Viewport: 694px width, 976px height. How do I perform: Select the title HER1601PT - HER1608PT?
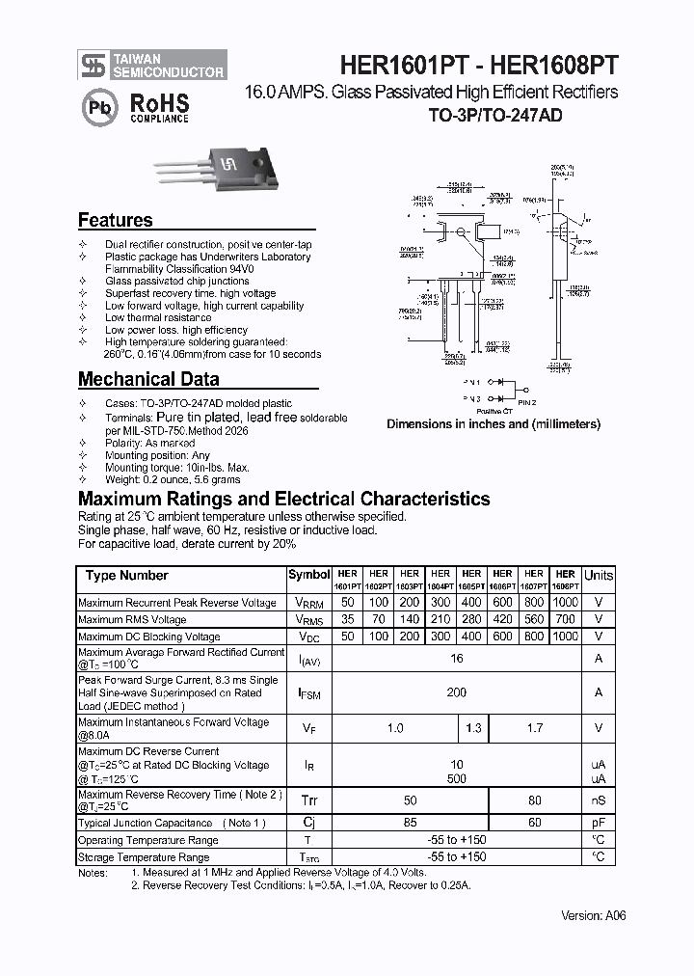coord(478,65)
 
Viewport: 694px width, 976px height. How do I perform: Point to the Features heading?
coord(115,220)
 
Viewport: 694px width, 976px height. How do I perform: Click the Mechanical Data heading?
coord(148,379)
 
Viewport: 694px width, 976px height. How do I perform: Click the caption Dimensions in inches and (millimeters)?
coord(494,423)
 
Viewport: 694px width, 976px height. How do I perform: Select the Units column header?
coord(598,575)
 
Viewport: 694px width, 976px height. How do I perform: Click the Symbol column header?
coord(308,575)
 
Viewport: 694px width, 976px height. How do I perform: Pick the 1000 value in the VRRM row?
coord(566,603)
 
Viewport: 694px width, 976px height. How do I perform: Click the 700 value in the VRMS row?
coord(566,619)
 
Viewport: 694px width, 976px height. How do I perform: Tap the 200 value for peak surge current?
coord(456,692)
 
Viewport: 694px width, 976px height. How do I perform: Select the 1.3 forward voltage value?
coord(472,728)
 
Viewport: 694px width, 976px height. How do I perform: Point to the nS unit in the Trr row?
coord(598,800)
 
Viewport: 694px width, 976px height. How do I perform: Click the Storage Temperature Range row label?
coord(144,856)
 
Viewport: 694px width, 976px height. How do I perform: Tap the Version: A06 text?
coord(593,916)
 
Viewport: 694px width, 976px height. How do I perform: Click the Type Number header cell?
coord(126,576)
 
